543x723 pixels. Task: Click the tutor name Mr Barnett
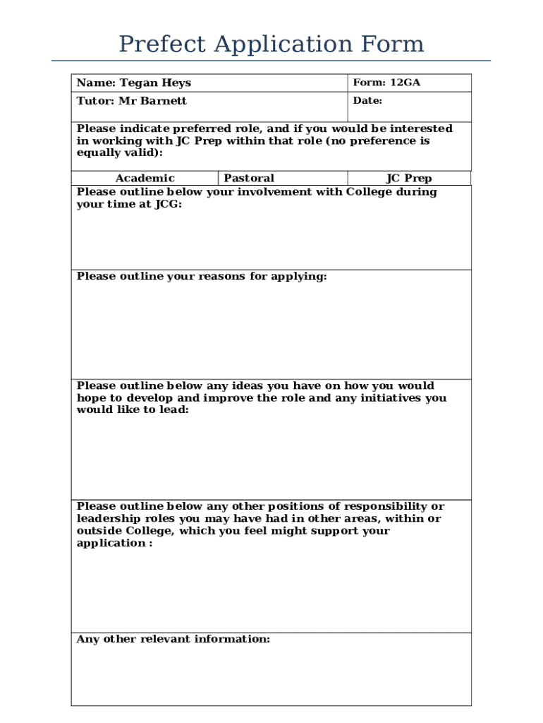[x=152, y=101]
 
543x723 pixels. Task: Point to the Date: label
[x=367, y=101]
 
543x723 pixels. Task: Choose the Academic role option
[x=145, y=179]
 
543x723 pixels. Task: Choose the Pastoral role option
[x=249, y=179]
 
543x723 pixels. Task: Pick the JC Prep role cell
[x=408, y=179]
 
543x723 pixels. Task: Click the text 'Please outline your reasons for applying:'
[x=202, y=276]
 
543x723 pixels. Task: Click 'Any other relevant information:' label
[x=173, y=639]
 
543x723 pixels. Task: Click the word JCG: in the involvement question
[x=168, y=204]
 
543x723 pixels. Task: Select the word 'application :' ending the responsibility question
[x=114, y=543]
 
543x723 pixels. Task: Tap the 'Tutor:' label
[x=95, y=101]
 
